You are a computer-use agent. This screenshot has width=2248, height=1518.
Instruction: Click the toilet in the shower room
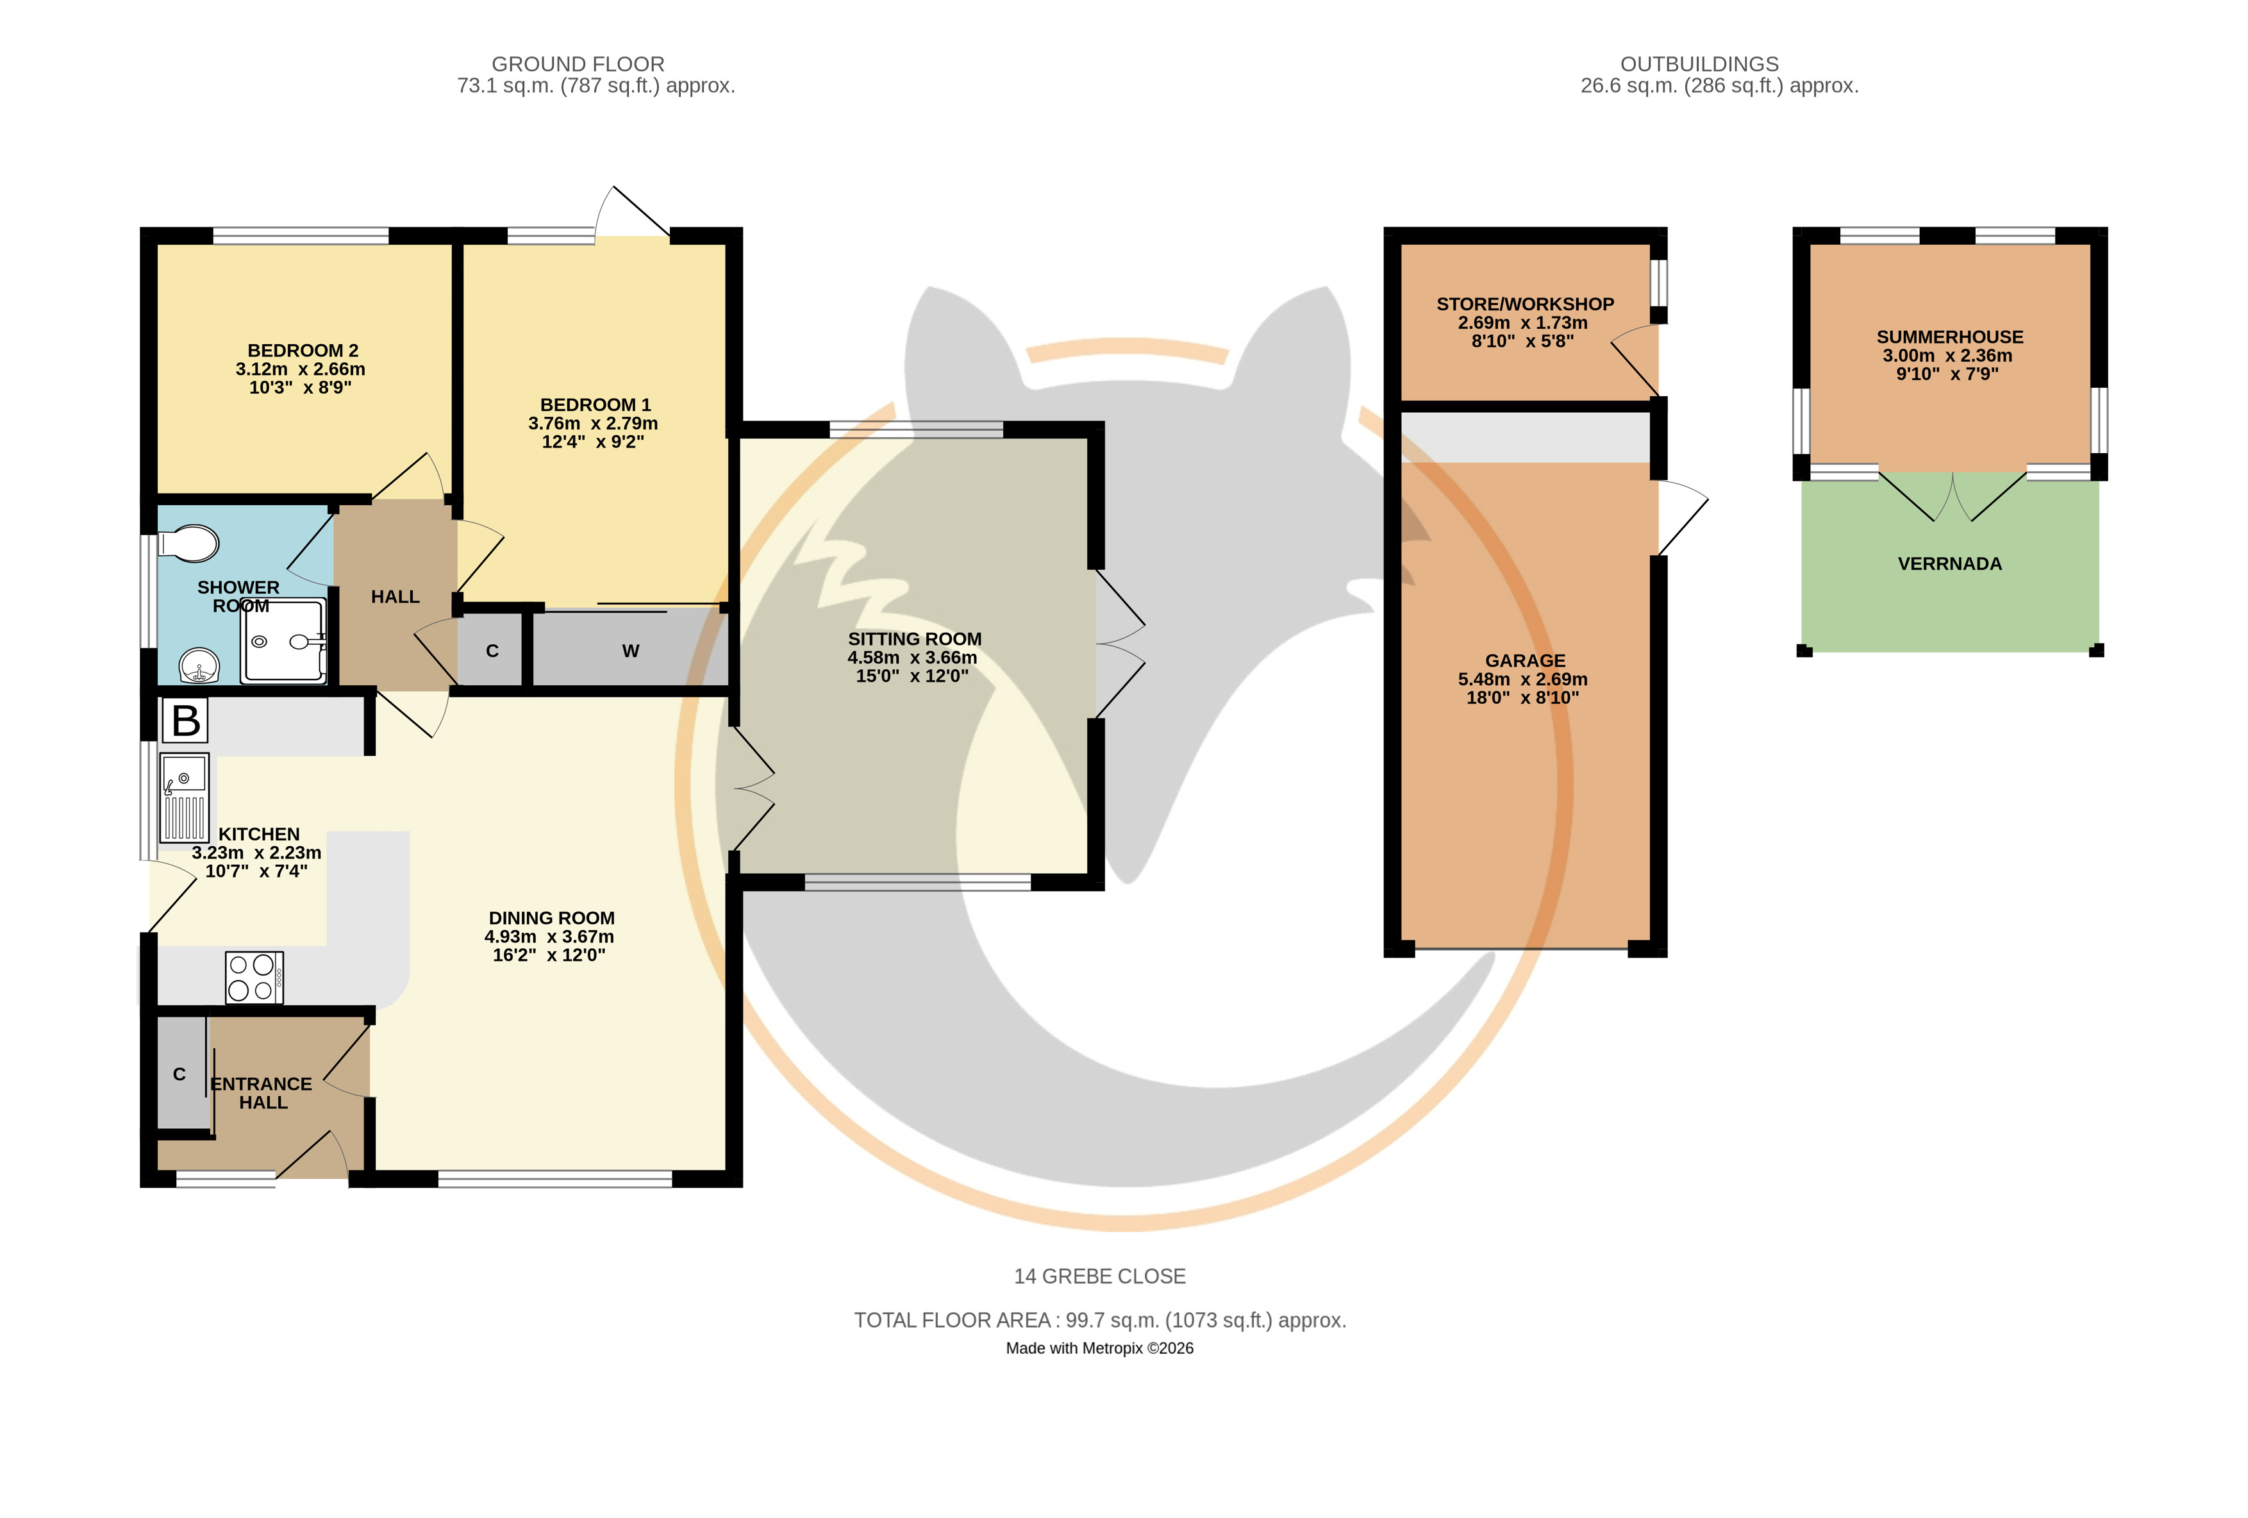[x=188, y=543]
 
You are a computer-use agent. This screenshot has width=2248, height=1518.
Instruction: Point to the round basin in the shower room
[x=199, y=665]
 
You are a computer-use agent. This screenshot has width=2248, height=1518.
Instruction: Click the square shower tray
[x=285, y=640]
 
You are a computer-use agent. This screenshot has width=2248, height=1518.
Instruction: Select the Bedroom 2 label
[x=303, y=350]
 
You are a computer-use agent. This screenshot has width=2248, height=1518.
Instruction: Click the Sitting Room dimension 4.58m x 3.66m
[x=912, y=658]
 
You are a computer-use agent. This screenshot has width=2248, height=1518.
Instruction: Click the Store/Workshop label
[x=1524, y=304]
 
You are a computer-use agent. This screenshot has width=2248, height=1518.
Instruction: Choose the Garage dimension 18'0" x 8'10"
[x=1522, y=697]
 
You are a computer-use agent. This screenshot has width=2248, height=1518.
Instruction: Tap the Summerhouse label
[x=1949, y=337]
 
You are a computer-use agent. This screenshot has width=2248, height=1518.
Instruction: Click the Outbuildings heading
[x=1699, y=64]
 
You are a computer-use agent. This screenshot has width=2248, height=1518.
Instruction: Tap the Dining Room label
[x=551, y=918]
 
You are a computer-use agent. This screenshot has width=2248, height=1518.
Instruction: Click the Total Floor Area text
[x=1100, y=1321]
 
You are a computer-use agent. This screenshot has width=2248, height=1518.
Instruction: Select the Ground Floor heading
[x=578, y=64]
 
